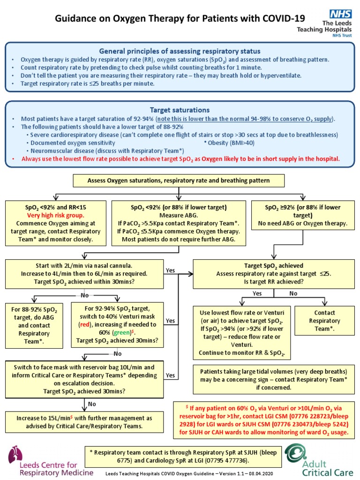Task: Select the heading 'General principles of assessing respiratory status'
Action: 180,51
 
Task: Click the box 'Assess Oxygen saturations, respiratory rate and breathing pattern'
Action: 179,180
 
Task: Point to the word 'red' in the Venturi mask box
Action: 84,324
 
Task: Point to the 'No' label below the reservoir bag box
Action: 92,404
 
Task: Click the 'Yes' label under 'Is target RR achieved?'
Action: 257,293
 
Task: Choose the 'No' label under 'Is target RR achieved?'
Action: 293,293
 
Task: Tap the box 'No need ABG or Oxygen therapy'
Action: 303,223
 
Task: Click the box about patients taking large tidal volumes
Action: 273,379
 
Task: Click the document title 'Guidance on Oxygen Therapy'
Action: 180,19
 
